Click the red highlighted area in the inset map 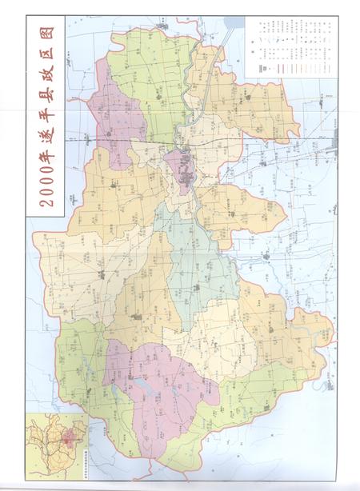(x=70, y=438)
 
